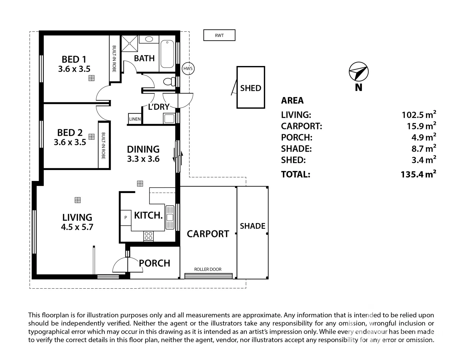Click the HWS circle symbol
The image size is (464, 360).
[188, 68]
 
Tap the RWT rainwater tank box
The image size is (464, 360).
[219, 35]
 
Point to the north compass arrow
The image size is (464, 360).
[359, 72]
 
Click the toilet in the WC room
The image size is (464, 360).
[169, 81]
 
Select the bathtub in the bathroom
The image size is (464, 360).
[167, 54]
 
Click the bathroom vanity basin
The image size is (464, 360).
[149, 39]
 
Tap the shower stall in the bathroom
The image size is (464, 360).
[130, 44]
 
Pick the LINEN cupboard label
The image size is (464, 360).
[135, 119]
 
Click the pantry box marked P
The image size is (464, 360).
[126, 218]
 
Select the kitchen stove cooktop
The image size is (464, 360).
[148, 236]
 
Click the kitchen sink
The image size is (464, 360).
[170, 217]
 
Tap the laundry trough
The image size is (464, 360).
[169, 118]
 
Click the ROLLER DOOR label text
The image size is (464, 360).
[208, 269]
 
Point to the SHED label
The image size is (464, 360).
[251, 88]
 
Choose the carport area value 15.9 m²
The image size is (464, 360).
[421, 125]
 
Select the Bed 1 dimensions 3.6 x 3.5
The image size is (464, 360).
[74, 69]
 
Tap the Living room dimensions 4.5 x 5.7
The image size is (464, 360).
[77, 227]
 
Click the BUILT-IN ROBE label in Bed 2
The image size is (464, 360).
[103, 146]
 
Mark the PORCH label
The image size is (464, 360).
[154, 263]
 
